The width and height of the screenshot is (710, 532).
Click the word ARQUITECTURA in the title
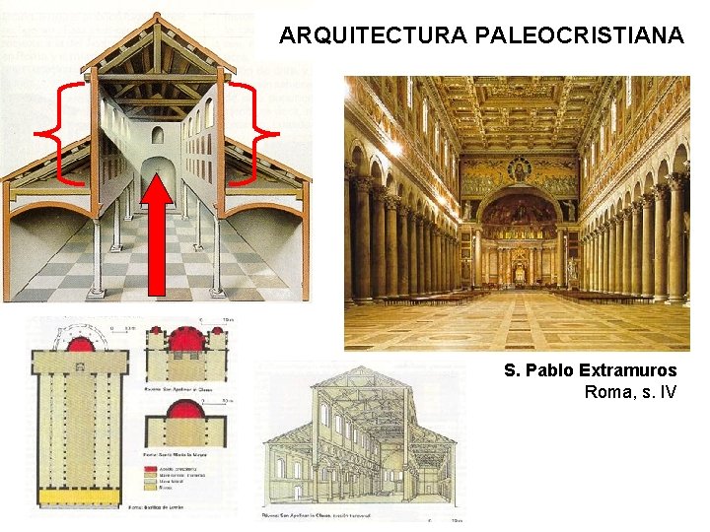click(x=372, y=36)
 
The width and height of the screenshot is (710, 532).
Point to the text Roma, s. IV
click(x=630, y=392)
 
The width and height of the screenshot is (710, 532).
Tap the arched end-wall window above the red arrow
click(x=158, y=136)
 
